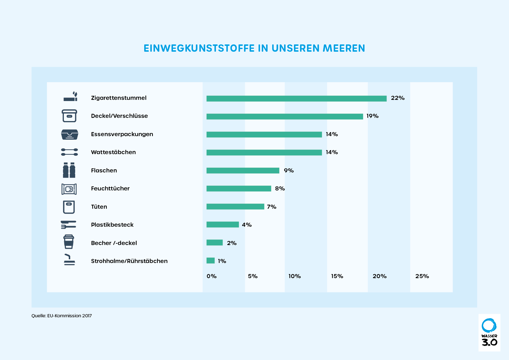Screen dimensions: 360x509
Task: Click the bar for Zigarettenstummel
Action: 296,99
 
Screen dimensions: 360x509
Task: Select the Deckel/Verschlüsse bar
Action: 284,116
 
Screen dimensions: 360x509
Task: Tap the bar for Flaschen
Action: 243,170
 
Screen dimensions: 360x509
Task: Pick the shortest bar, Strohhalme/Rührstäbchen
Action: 210,261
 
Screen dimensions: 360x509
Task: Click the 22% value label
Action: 398,98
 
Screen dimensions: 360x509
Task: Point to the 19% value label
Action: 372,116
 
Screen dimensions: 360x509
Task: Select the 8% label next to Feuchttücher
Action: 280,188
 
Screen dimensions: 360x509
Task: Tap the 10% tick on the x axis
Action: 294,276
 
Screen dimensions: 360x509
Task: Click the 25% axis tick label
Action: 422,276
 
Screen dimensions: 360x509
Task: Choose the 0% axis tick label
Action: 212,276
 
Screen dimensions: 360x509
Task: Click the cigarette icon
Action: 70,97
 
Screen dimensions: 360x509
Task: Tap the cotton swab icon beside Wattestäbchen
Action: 69,152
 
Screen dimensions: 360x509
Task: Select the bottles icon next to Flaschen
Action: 69,170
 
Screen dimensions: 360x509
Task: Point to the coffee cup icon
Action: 69,242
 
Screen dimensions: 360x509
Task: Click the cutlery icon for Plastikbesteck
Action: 68,225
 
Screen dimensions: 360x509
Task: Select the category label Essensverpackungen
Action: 122,134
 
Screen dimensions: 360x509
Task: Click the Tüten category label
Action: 99,207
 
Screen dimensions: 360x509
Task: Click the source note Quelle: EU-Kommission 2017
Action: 62,316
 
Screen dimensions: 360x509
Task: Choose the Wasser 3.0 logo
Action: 489,332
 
